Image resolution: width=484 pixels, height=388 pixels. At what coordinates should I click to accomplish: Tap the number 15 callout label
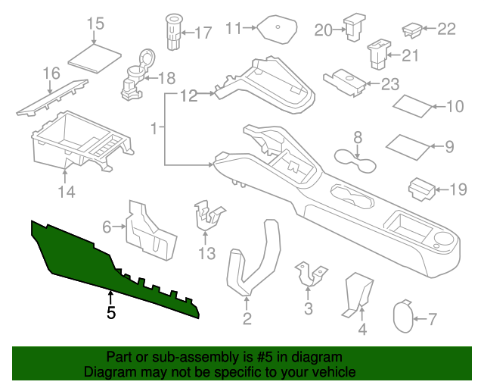point(95,24)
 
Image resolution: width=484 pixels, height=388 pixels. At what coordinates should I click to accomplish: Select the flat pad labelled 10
point(409,145)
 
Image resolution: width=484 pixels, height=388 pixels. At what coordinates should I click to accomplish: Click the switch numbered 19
point(421,187)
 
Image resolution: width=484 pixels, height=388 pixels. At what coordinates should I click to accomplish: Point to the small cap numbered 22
point(412,30)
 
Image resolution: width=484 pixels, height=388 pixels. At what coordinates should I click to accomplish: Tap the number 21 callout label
point(410,55)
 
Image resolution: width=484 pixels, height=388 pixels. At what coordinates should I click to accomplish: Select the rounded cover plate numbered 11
point(277,30)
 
